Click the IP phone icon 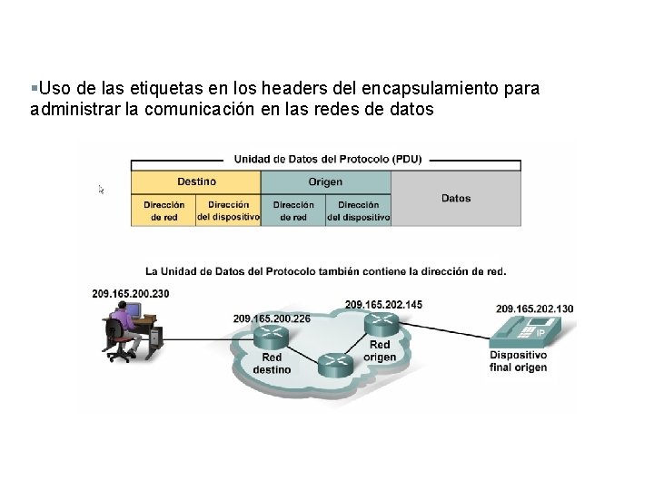point(533,329)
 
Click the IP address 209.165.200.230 point(131,293)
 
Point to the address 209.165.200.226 point(272,318)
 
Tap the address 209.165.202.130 point(535,309)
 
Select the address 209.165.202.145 point(383,303)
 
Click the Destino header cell point(196,181)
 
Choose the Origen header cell point(325,181)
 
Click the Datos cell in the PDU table point(456,198)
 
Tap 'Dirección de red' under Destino point(163,211)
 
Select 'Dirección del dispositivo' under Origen point(358,211)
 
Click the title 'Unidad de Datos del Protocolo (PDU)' point(325,159)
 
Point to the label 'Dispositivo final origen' point(518,360)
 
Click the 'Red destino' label point(272,364)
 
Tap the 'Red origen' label point(380,351)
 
